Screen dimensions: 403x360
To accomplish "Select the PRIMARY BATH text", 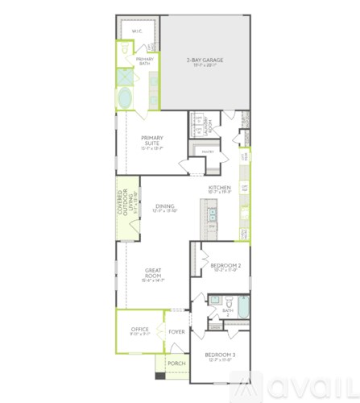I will coord(145,61).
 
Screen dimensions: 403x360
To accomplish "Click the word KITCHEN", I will coord(220,187).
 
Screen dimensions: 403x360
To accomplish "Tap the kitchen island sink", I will coord(212,215).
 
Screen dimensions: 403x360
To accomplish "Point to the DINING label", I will coord(164,206).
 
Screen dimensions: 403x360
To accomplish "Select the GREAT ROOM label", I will coord(154,272).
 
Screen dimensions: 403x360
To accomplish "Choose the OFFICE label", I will coord(139,330).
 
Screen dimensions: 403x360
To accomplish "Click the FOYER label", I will coord(176,331).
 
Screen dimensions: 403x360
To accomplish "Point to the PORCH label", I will coord(176,364).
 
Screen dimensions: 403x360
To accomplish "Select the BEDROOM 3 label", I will coord(219,355).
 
